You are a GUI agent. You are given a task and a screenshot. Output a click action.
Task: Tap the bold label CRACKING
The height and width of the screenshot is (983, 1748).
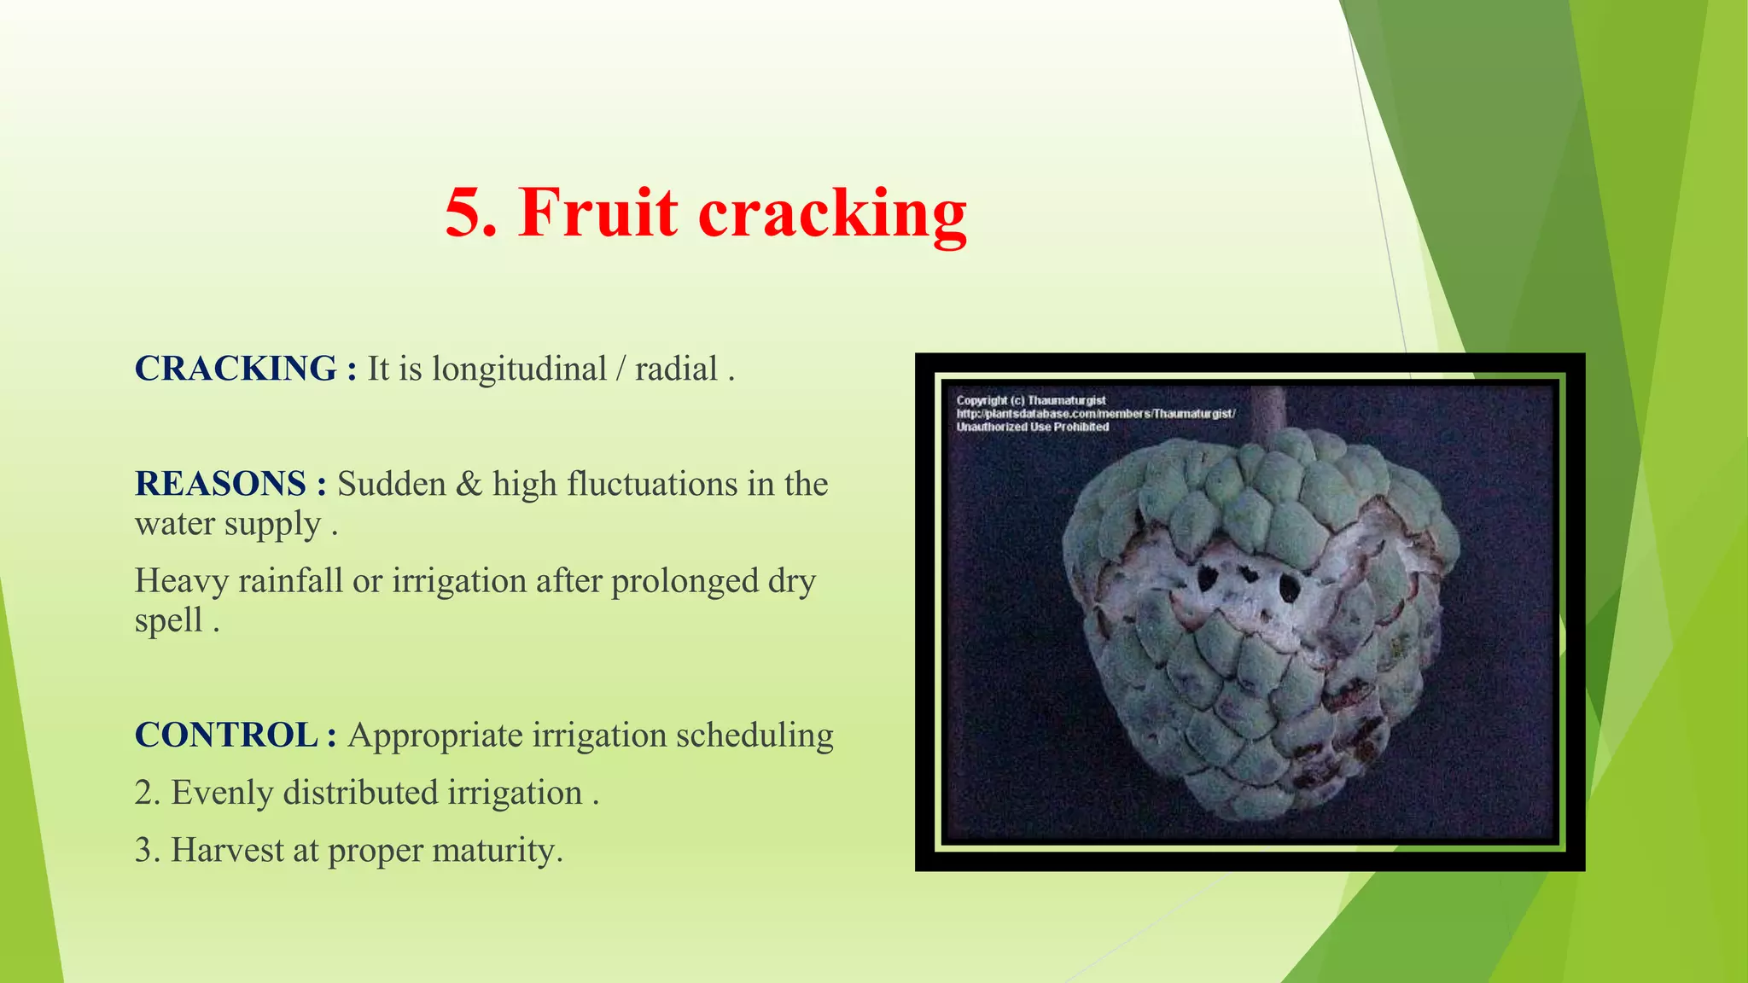[236, 369]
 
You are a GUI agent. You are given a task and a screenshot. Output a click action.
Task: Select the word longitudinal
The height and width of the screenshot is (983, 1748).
[519, 369]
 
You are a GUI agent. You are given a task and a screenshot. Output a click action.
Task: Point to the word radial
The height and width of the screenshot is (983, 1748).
[676, 369]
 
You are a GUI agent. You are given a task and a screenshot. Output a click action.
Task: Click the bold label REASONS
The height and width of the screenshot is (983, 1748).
[220, 484]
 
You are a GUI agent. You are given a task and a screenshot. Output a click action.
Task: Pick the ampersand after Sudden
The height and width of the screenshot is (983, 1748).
[469, 484]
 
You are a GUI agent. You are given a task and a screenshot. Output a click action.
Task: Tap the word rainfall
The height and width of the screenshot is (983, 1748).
[290, 581]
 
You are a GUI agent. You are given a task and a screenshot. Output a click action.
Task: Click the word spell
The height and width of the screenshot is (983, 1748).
[169, 621]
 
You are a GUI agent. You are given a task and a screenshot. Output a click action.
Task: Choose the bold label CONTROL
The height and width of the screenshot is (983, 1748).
[226, 735]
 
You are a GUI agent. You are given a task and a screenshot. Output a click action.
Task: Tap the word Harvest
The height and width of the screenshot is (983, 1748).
[227, 850]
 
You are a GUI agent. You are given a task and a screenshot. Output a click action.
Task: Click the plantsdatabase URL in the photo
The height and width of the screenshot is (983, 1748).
[1095, 414]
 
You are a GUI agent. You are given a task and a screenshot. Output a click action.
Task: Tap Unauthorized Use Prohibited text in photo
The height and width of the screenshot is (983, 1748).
[1032, 427]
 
